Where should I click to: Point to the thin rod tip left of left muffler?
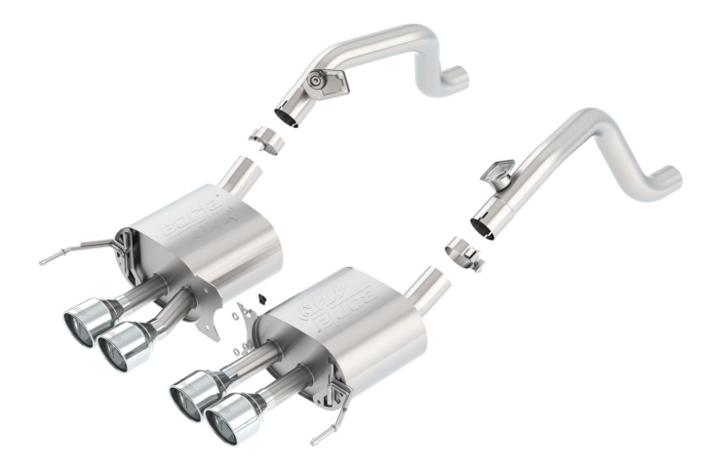[45, 260]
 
